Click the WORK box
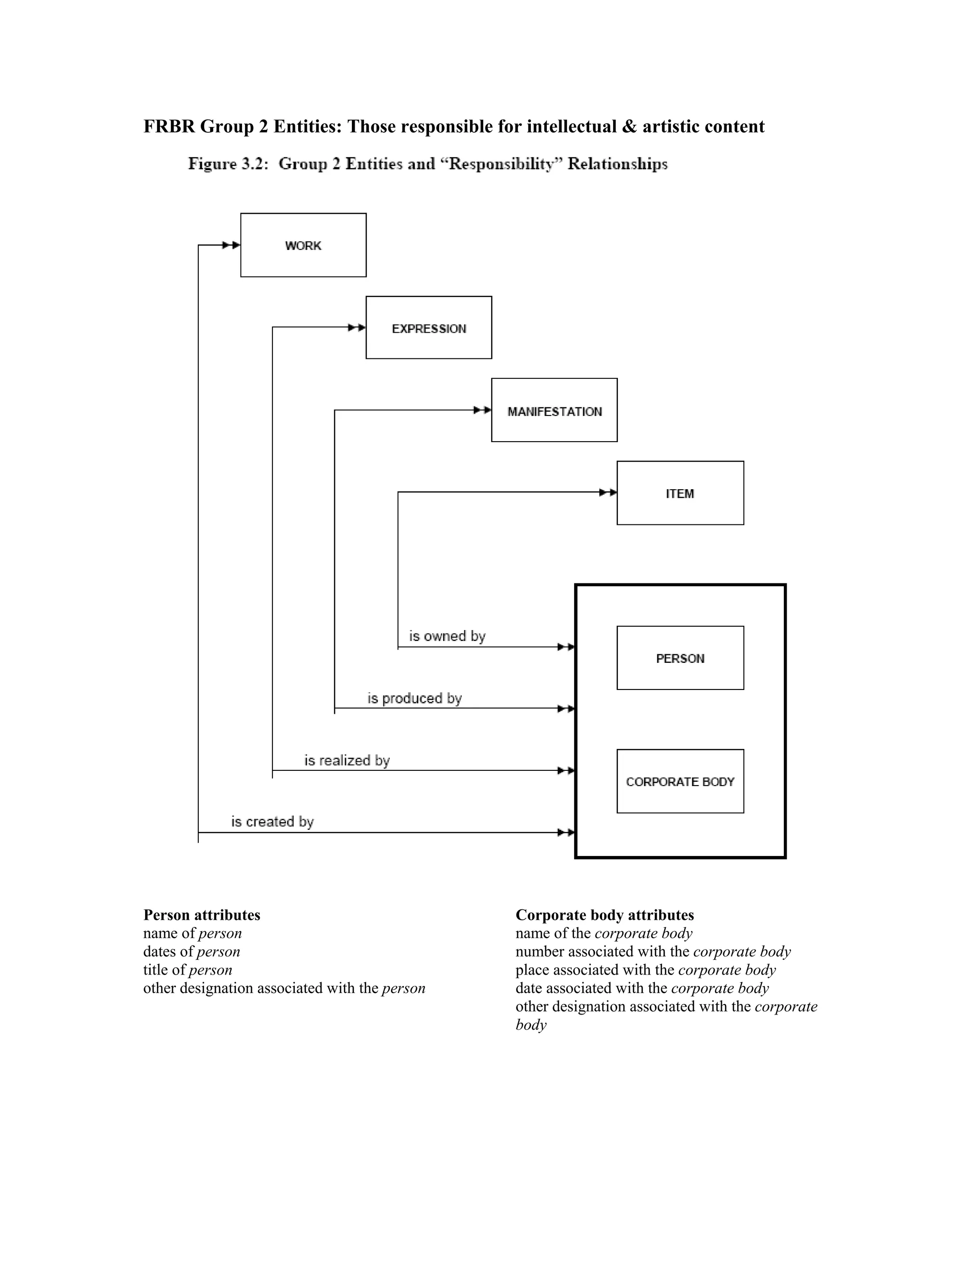(x=303, y=246)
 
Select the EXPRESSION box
(x=429, y=328)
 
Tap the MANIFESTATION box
(x=554, y=411)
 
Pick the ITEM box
(x=680, y=493)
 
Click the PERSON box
(x=680, y=658)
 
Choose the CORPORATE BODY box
(x=680, y=781)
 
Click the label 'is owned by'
(x=447, y=636)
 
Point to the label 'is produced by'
(x=414, y=698)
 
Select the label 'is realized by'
(x=347, y=760)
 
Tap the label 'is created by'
(x=273, y=822)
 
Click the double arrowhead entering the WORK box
(x=232, y=246)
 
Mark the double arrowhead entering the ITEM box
(x=608, y=493)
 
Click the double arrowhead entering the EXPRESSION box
(x=357, y=327)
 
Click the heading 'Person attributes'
(x=201, y=915)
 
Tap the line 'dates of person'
(x=191, y=952)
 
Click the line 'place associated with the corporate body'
(x=645, y=970)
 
